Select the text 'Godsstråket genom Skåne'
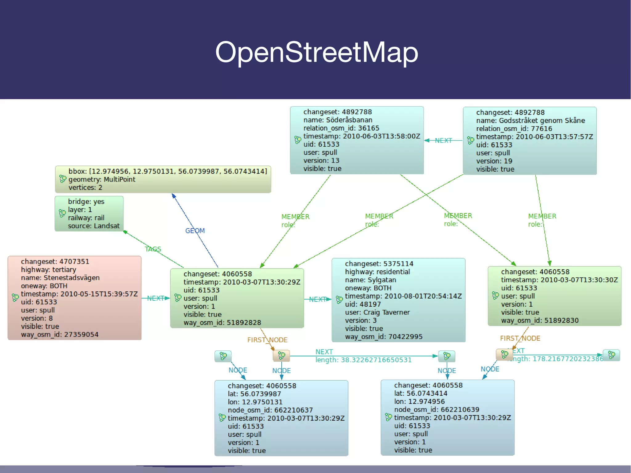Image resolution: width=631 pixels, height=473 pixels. pos(542,120)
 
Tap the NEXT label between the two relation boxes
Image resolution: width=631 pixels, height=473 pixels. pos(443,141)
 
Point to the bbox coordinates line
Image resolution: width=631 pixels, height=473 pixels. pos(168,171)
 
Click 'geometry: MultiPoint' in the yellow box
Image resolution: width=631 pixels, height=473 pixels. pos(102,179)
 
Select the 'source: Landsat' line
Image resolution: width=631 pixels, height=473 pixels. pos(94,226)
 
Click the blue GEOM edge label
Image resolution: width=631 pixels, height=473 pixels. pos(195,231)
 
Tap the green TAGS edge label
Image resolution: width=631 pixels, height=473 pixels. pos(153,249)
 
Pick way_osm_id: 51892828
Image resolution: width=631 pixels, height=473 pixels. pos(222,323)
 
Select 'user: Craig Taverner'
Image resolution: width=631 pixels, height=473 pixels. pos(377,312)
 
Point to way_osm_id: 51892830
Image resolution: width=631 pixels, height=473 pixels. pos(539,320)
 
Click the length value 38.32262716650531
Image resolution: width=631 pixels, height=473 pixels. pos(376,360)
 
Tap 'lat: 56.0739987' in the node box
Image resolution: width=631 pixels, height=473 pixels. pos(254,394)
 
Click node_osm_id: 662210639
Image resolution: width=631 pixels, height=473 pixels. pos(436,410)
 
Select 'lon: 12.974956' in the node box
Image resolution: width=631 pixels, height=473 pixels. pos(419,402)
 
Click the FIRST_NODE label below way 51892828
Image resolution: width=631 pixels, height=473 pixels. pos(267,340)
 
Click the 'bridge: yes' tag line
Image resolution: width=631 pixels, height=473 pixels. pos(86,202)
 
